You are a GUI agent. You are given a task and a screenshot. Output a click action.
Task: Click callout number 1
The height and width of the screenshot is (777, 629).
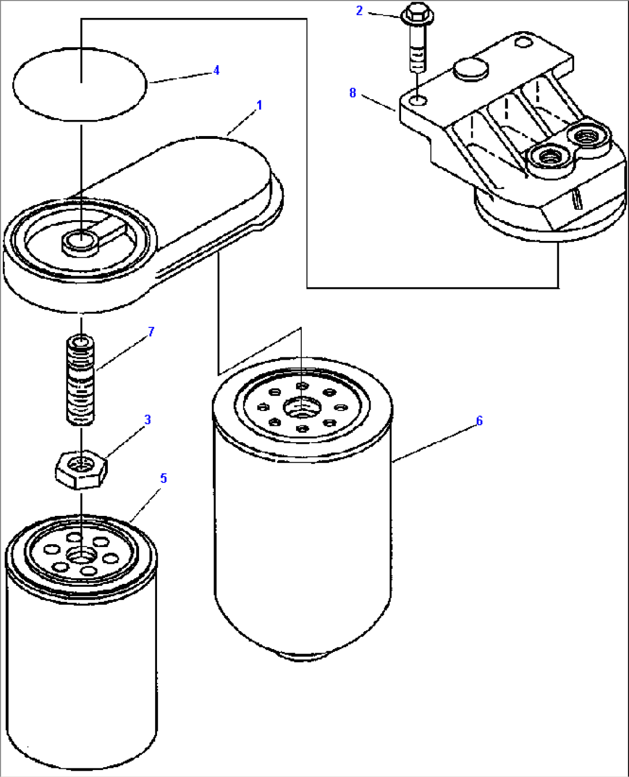pos(259,105)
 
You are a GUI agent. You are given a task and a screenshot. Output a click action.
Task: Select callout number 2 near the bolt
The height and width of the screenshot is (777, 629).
pos(359,10)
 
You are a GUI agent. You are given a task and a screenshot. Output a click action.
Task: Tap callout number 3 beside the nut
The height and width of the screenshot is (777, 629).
pos(148,420)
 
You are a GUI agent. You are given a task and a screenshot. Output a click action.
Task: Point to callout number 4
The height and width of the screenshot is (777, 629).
pos(216,70)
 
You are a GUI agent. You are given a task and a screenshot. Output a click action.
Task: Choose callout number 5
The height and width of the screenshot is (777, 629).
pos(163,478)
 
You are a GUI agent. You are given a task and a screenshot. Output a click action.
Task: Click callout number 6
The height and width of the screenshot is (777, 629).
pos(479,421)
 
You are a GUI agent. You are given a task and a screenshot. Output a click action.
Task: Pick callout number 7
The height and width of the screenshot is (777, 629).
pos(151,331)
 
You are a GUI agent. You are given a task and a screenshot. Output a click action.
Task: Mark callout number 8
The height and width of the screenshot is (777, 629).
pos(353,93)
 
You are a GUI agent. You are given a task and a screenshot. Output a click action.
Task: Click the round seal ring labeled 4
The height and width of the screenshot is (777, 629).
pos(80,84)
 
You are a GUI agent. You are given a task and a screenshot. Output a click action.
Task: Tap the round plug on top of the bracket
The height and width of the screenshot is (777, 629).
pos(471,69)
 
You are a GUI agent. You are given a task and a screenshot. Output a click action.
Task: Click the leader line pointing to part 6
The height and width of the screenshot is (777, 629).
pos(436,442)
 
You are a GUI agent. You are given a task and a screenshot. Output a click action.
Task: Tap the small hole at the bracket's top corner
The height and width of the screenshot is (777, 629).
pos(523,43)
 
